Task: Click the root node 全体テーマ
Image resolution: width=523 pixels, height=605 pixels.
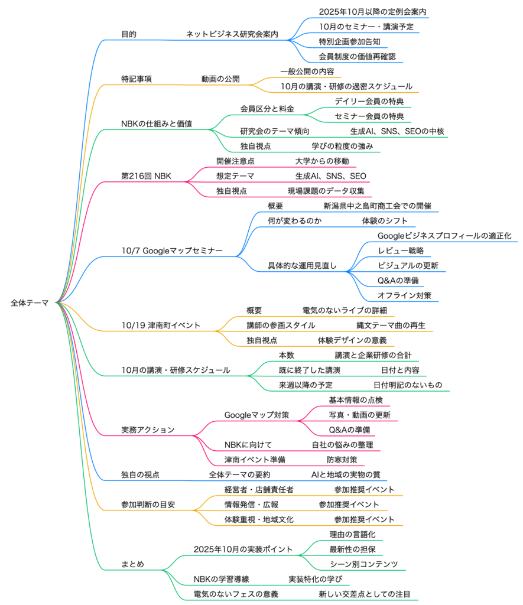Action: coord(30,302)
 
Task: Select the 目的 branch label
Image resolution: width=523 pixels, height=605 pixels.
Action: coord(129,34)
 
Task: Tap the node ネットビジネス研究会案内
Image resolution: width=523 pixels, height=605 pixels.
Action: coord(232,34)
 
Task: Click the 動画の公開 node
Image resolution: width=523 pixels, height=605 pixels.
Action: coord(220,79)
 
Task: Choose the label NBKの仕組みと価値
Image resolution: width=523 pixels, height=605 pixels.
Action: coord(157,124)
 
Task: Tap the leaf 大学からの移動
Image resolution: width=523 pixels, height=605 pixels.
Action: coord(322,161)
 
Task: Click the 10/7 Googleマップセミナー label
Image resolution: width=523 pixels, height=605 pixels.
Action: coord(172,251)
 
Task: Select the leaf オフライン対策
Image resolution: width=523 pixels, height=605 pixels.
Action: coord(404,295)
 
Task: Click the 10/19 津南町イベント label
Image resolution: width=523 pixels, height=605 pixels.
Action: coord(161,325)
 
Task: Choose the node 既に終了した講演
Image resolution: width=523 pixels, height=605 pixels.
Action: coord(309,370)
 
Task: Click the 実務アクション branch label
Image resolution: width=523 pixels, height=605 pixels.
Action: coord(148,430)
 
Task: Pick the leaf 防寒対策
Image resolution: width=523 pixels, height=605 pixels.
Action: coord(342,460)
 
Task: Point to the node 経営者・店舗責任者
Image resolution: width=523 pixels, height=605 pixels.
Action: coord(259,490)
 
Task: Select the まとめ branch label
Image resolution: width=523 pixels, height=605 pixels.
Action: coord(132,564)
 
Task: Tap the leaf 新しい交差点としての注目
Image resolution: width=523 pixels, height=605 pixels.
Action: coord(365,594)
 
